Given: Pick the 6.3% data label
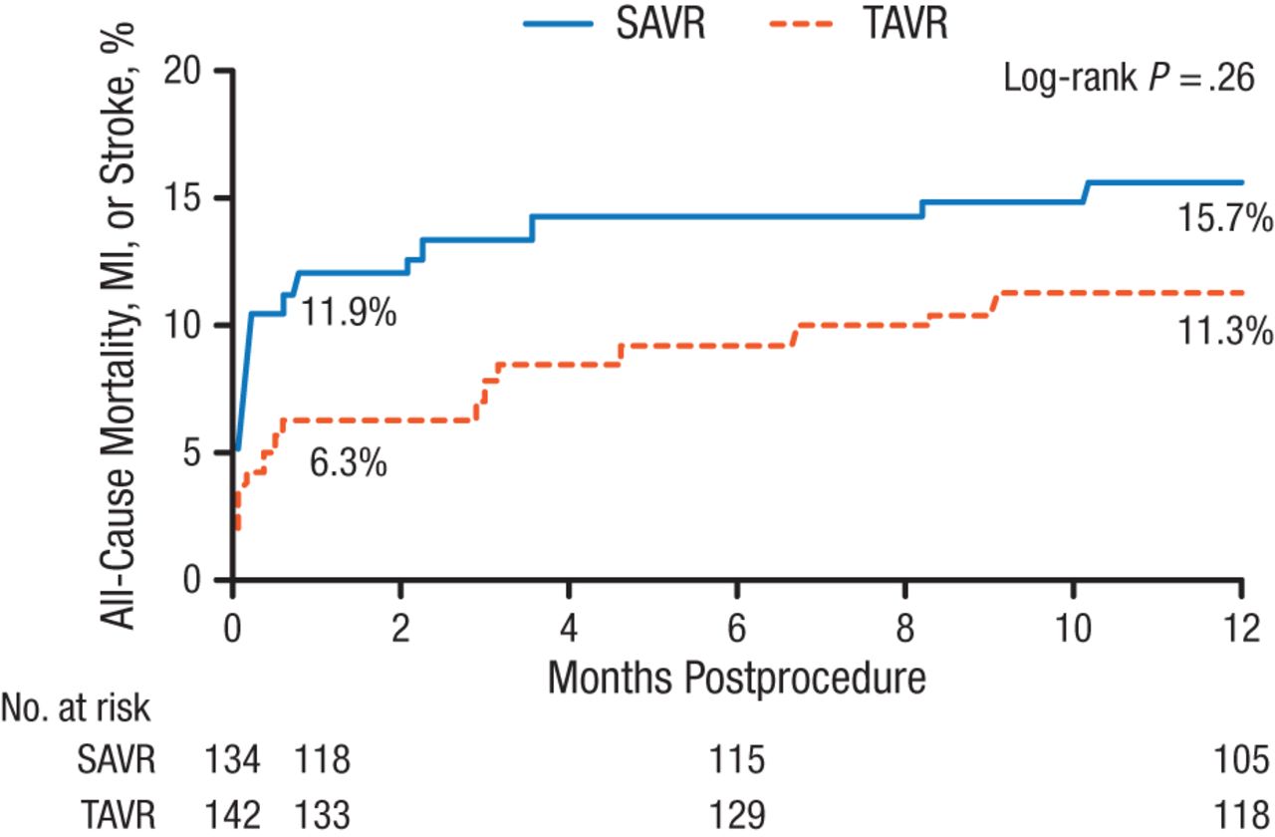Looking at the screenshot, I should [348, 464].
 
